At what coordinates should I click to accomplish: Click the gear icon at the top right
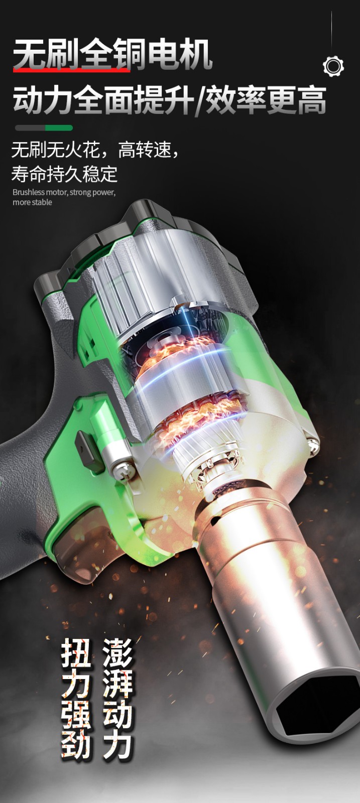pyautogui.click(x=333, y=66)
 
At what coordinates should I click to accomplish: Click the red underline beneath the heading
pyautogui.click(x=72, y=70)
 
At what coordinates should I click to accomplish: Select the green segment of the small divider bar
pyautogui.click(x=59, y=127)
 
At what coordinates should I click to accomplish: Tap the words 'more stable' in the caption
pyautogui.click(x=32, y=203)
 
